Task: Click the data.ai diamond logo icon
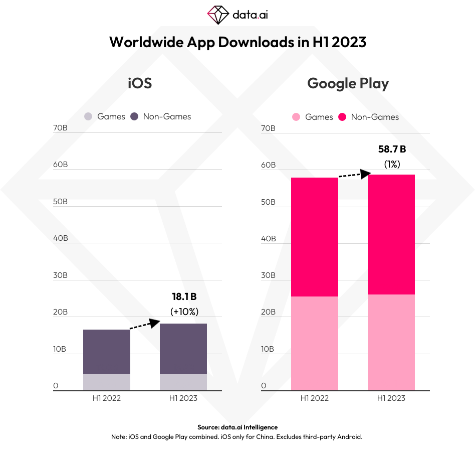[x=217, y=15]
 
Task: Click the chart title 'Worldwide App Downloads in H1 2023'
[x=238, y=42]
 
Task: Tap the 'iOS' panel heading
[x=139, y=83]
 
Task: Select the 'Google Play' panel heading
[x=348, y=83]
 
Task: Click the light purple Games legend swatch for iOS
[x=88, y=116]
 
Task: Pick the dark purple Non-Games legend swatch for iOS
[x=134, y=116]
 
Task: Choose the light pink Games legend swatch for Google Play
[x=296, y=117]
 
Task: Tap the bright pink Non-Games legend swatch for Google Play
[x=342, y=117]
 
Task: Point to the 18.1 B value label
[x=184, y=296]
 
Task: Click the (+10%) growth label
[x=184, y=311]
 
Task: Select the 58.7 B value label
[x=392, y=149]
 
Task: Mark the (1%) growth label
[x=392, y=164]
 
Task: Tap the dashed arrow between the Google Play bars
[x=354, y=175]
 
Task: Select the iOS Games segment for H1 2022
[x=107, y=382]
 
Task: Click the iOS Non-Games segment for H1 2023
[x=183, y=349]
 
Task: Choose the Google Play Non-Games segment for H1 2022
[x=315, y=237]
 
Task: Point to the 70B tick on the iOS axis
[x=60, y=128]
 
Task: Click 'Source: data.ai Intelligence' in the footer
[x=238, y=427]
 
